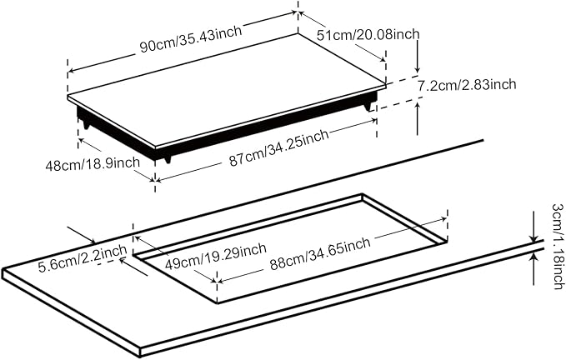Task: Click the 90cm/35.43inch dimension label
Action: (x=191, y=39)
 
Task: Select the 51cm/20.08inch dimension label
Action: (x=368, y=35)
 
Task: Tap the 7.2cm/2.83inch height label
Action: (x=467, y=86)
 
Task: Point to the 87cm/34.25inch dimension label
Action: (x=278, y=147)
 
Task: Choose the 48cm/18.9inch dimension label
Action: (x=93, y=164)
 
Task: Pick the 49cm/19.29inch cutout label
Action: (x=216, y=256)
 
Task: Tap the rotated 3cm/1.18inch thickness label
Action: (x=558, y=247)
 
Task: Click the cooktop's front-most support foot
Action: (x=167, y=159)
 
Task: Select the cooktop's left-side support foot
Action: (x=87, y=125)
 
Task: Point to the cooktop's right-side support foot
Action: (x=368, y=107)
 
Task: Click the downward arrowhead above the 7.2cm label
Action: (x=418, y=70)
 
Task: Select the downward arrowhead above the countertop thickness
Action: (x=533, y=237)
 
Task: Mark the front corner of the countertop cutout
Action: (x=217, y=303)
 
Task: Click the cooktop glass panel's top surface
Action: (x=227, y=90)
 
